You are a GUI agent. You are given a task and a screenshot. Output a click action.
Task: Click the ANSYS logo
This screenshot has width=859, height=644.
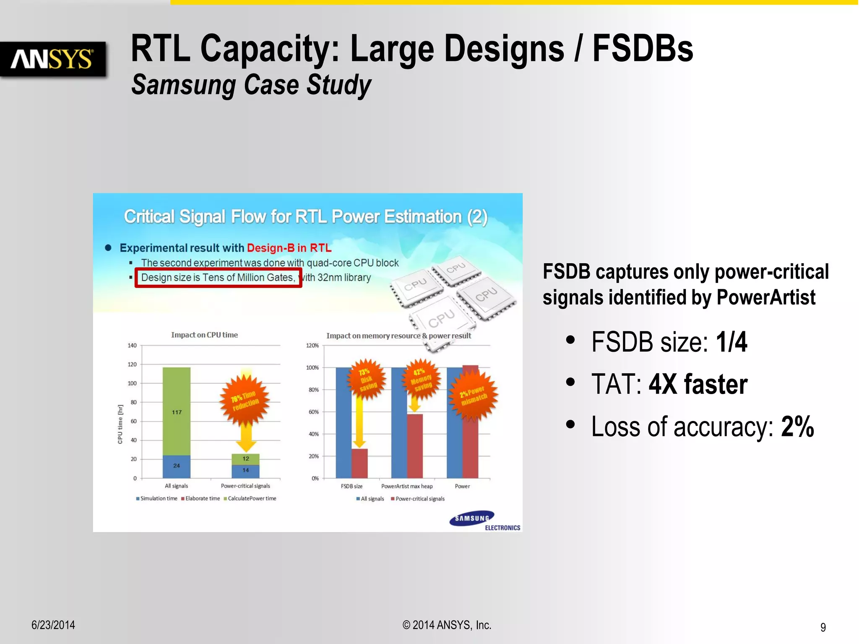[x=52, y=59]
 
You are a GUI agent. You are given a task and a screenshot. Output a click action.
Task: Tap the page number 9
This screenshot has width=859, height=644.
[x=823, y=627]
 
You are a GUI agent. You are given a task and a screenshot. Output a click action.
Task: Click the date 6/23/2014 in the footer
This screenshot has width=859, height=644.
[x=53, y=625]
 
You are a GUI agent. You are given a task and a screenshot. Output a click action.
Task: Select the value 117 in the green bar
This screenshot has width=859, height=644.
[x=177, y=412]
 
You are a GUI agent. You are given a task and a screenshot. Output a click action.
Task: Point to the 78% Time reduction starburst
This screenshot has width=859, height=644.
[x=245, y=400]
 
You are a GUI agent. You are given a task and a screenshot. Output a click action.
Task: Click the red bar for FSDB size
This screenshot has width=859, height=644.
[x=359, y=463]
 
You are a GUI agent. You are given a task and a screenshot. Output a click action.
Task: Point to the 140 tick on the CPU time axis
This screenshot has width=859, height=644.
[x=132, y=345]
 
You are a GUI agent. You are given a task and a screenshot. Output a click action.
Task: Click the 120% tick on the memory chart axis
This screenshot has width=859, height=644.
[x=312, y=345]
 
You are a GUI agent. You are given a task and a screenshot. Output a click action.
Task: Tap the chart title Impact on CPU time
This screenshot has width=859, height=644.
[x=204, y=335]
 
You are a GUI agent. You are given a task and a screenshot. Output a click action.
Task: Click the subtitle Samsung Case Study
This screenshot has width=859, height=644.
[x=251, y=85]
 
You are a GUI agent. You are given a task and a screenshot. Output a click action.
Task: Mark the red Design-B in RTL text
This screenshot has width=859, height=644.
[x=289, y=248]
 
